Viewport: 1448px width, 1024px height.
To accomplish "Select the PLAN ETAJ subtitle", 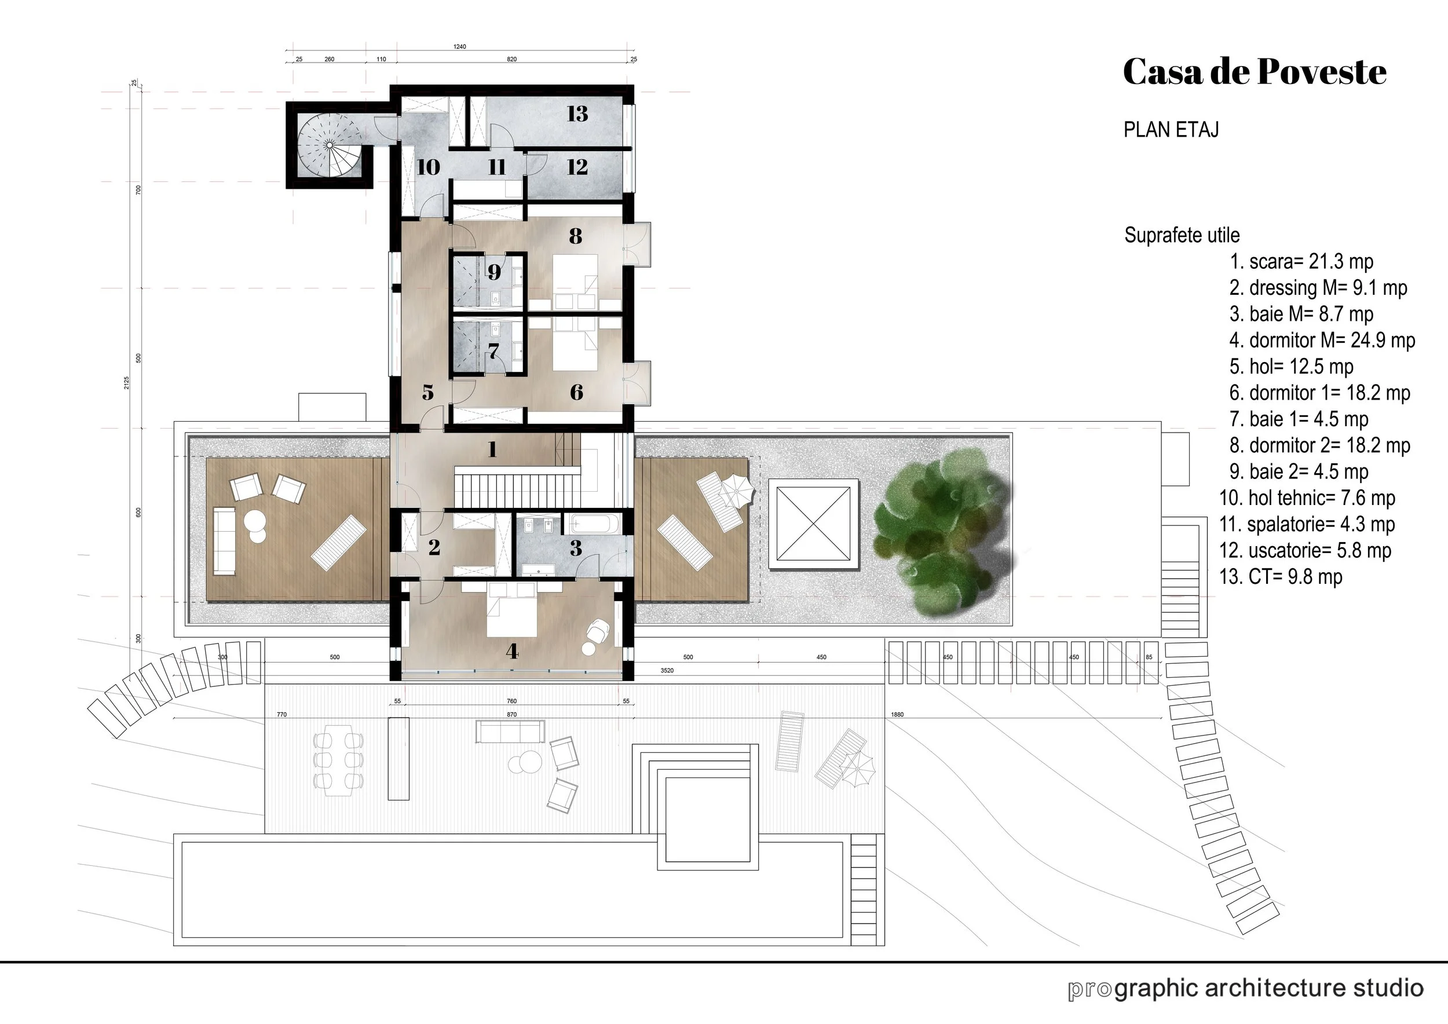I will [1171, 129].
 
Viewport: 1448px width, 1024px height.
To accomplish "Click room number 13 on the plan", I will [577, 114].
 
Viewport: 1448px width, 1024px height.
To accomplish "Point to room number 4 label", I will [512, 651].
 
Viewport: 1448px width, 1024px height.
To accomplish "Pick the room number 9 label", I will [494, 272].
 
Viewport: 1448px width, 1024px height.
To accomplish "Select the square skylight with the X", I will [814, 524].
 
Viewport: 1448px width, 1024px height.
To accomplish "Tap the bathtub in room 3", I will [595, 524].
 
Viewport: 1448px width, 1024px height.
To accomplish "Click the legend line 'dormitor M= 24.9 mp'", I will [1322, 341].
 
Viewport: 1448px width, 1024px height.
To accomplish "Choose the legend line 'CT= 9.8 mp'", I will [1280, 576].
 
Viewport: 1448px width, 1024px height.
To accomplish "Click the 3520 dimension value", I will [667, 670].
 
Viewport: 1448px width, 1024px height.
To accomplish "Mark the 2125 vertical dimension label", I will [127, 383].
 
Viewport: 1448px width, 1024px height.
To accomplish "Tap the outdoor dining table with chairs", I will [339, 761].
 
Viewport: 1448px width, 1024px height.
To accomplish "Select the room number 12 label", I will [577, 167].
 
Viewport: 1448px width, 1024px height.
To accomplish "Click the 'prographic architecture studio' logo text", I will [1245, 988].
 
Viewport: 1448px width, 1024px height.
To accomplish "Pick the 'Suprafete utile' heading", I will [1182, 235].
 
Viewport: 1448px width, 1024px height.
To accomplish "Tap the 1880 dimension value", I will [897, 714].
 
